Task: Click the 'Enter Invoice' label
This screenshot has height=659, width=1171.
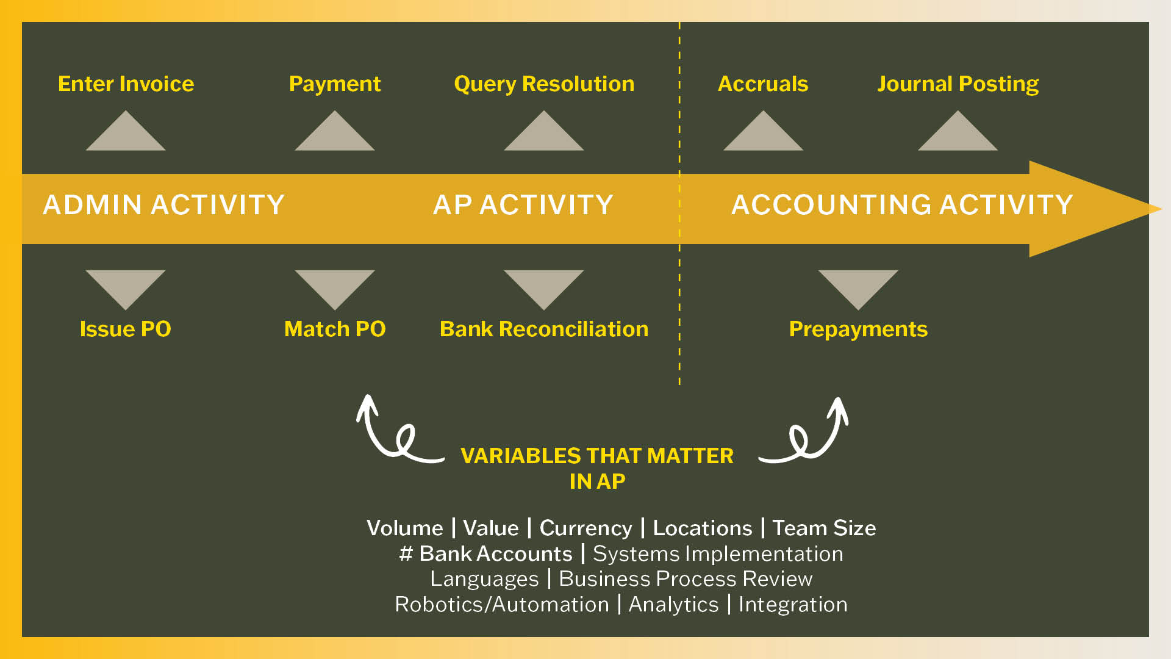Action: [x=126, y=84]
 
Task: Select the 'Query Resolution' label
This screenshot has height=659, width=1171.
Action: [x=544, y=84]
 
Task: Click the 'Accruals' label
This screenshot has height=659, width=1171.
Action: [x=762, y=84]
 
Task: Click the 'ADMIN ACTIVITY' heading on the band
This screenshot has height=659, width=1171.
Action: [x=163, y=205]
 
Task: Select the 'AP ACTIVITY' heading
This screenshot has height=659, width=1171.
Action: [x=523, y=205]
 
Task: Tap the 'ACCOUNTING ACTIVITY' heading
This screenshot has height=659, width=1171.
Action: [x=901, y=205]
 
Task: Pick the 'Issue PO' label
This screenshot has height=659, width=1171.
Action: [x=125, y=329]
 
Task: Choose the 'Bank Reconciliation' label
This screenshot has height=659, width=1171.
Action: [x=544, y=329]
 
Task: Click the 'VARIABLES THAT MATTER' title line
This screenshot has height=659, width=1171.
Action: [x=596, y=456]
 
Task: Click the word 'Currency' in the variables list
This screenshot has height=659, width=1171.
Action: [x=585, y=528]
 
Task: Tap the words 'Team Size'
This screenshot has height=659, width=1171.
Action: [x=824, y=528]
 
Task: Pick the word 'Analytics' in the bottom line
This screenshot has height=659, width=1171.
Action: [x=673, y=605]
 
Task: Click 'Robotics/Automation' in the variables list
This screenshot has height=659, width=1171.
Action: [x=502, y=605]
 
